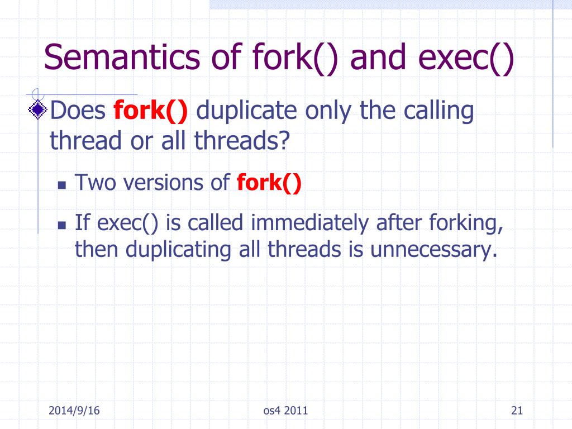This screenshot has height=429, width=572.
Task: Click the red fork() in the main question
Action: click(x=151, y=111)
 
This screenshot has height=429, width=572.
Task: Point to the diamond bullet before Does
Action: click(x=39, y=111)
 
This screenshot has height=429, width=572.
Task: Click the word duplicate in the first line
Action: click(x=247, y=111)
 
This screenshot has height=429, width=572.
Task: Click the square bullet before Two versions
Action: click(x=63, y=185)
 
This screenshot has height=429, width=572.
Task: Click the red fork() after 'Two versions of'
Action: click(x=269, y=183)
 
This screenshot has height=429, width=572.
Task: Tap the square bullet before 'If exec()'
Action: click(x=63, y=225)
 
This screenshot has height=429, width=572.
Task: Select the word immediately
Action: click(x=309, y=223)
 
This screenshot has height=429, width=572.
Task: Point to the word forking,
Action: click(x=466, y=223)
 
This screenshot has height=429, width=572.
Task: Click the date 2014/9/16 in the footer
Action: click(x=74, y=412)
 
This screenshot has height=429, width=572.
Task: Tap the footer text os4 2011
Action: click(x=285, y=412)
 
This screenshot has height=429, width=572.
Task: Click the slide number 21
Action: click(x=516, y=412)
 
